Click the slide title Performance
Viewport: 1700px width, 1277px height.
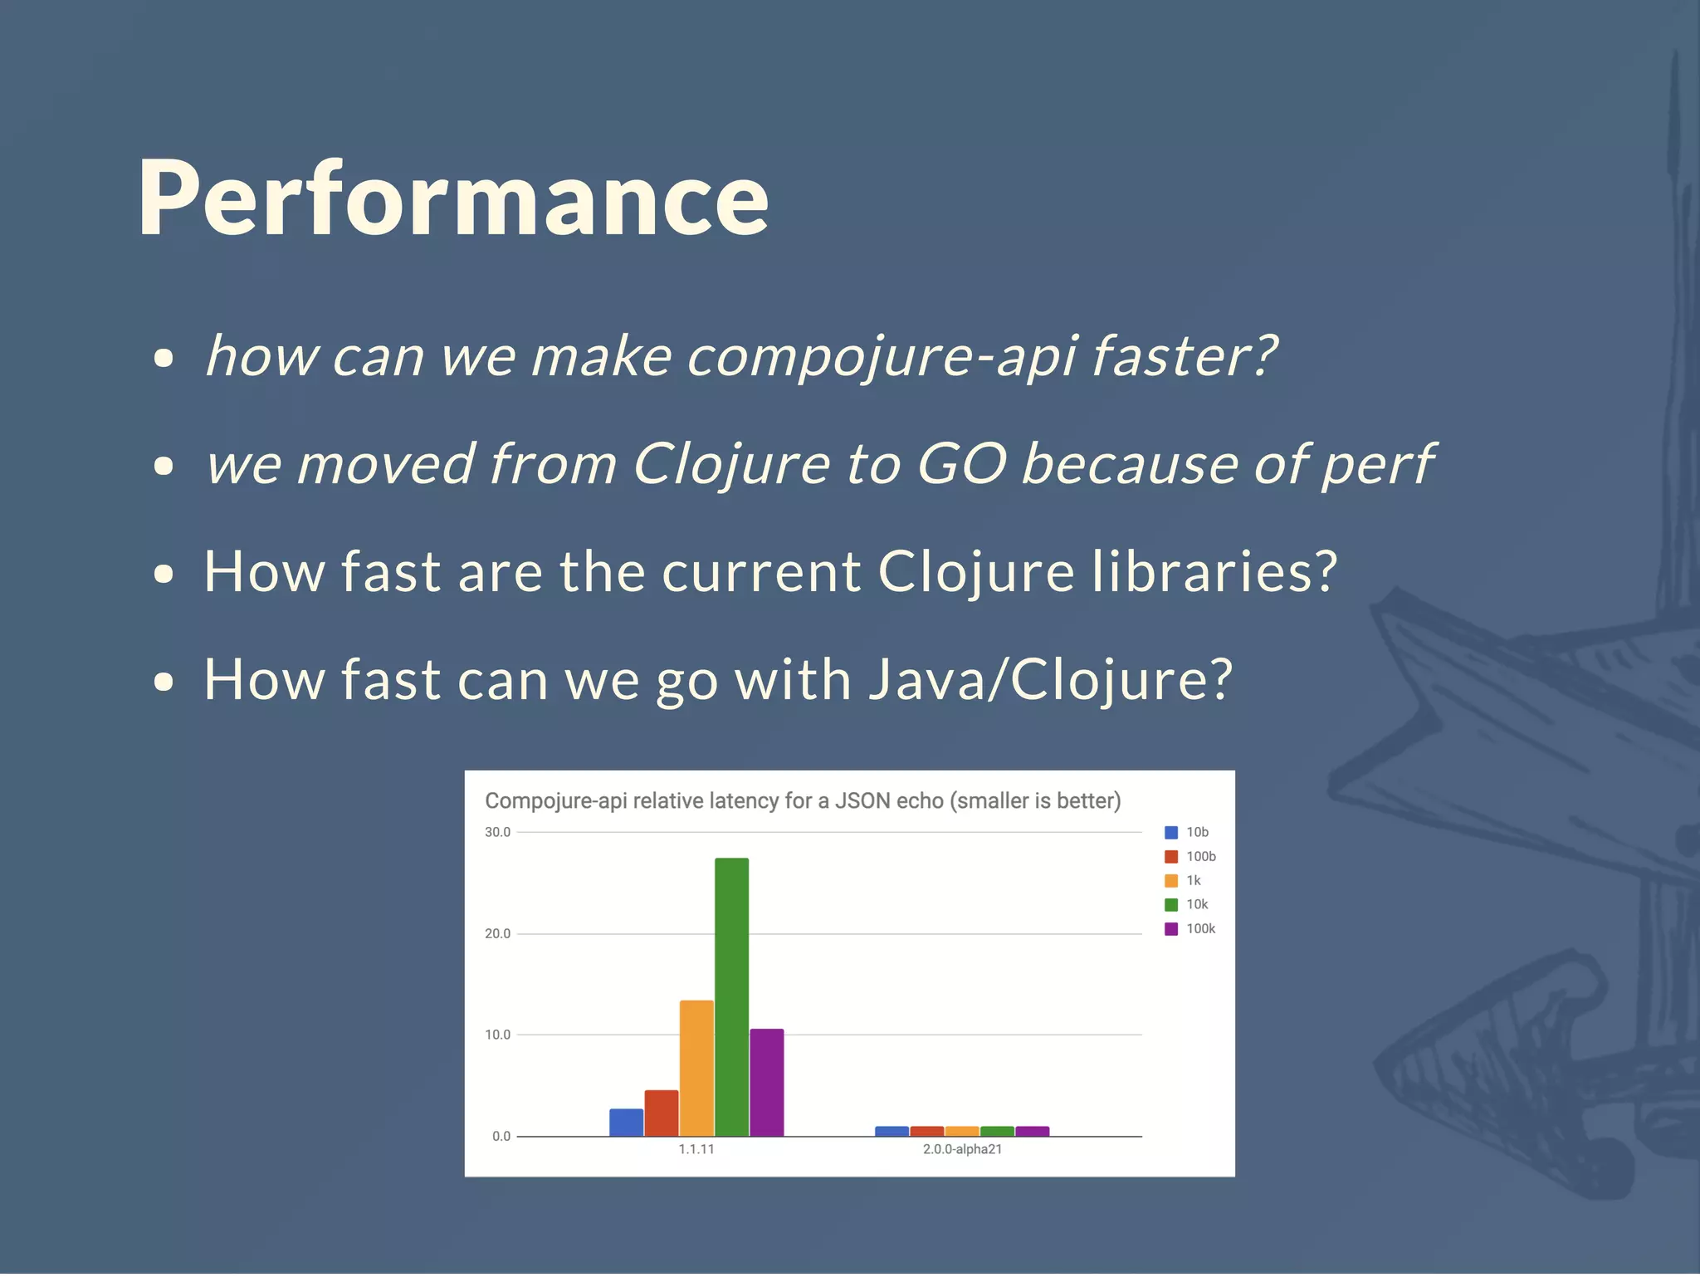tap(453, 198)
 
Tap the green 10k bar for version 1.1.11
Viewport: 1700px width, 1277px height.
tap(731, 996)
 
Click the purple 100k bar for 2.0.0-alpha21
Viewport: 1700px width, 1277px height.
tap(1032, 1131)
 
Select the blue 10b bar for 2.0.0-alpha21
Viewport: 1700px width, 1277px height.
tap(892, 1131)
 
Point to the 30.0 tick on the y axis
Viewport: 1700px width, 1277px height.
tap(497, 832)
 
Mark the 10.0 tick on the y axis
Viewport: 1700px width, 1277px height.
tap(497, 1035)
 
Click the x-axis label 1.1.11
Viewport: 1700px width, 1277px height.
tap(696, 1149)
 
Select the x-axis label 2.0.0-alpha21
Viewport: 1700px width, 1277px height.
tap(962, 1149)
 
